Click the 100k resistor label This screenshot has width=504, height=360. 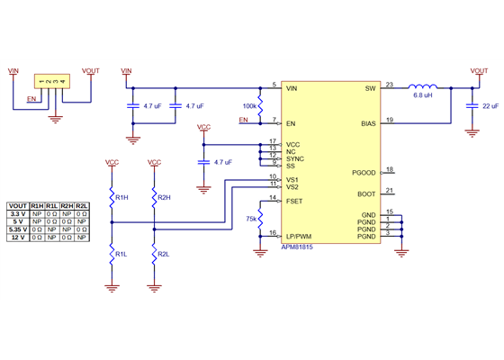(x=249, y=105)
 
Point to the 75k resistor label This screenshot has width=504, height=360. (x=252, y=218)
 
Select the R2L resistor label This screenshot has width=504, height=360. (x=164, y=256)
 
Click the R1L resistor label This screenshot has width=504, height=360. (x=121, y=256)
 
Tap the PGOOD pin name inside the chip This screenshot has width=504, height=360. (x=364, y=172)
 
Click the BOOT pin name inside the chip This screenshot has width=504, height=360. (x=366, y=193)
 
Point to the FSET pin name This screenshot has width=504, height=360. (x=293, y=201)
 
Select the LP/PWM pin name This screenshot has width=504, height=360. (x=298, y=236)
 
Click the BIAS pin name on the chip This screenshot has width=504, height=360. (x=367, y=122)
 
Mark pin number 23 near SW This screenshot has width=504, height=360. (x=389, y=85)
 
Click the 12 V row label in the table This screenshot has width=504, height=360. (x=17, y=238)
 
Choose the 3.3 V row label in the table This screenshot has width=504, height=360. (x=17, y=214)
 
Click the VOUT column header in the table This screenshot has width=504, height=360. (x=17, y=206)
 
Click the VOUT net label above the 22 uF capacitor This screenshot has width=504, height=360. (x=478, y=70)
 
